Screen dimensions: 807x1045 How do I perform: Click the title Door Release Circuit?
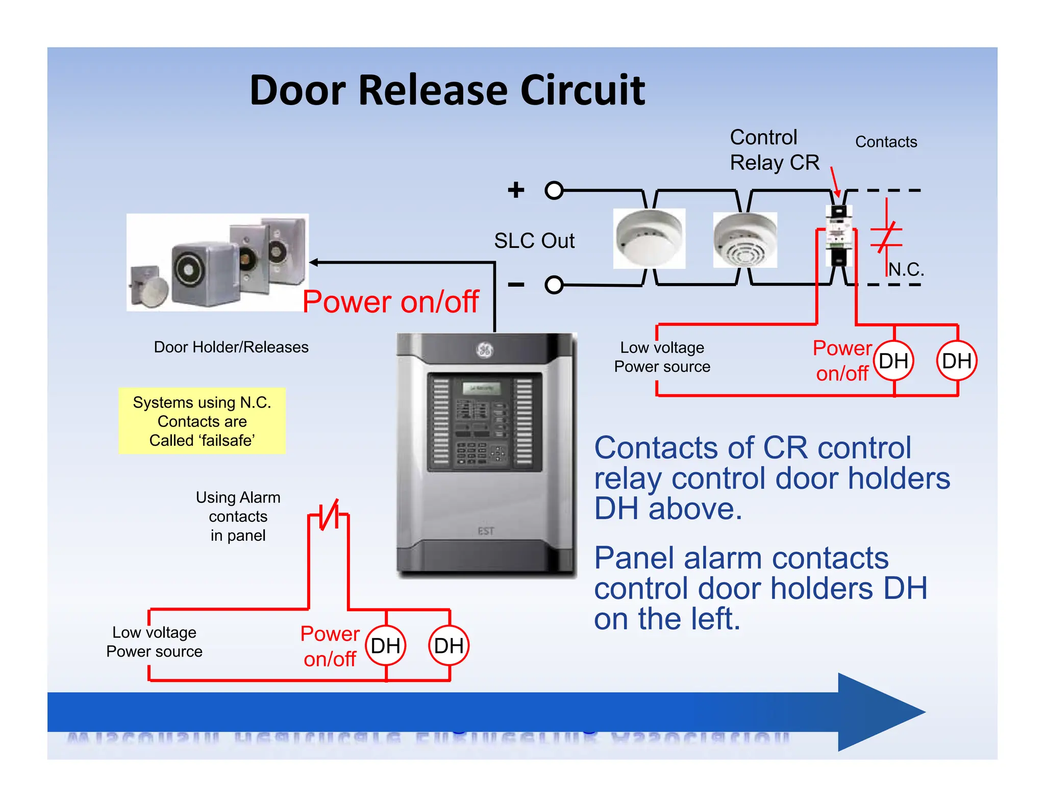[x=447, y=90]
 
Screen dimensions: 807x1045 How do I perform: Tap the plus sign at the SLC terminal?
[x=516, y=190]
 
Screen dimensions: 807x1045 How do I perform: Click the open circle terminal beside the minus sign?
[x=554, y=285]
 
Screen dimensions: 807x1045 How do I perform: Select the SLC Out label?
[x=534, y=241]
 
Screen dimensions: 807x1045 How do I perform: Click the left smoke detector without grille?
[x=649, y=238]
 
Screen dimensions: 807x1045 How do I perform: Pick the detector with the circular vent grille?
[x=745, y=240]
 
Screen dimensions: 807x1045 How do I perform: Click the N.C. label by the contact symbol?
[x=906, y=269]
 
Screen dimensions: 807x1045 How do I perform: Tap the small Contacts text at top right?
[x=886, y=142]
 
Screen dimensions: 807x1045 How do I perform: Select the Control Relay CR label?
[x=774, y=150]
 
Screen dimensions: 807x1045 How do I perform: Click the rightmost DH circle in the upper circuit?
[x=957, y=361]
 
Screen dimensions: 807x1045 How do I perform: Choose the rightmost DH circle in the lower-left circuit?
[x=449, y=646]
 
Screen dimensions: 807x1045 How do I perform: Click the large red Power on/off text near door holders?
[x=390, y=301]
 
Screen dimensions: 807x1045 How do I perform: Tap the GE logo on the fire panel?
[x=485, y=350]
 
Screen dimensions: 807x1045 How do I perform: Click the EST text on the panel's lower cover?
[x=486, y=532]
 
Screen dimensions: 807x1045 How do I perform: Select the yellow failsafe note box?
[x=202, y=421]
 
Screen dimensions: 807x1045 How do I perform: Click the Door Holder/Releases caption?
[x=231, y=347]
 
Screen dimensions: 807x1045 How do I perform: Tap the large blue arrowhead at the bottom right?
[x=878, y=712]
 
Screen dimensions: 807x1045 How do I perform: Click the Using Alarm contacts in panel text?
[x=238, y=516]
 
